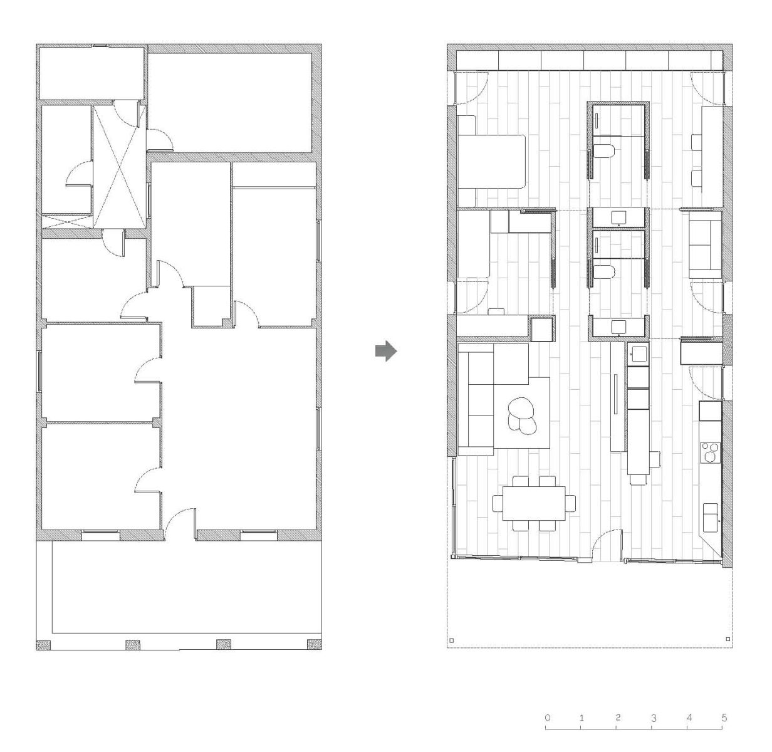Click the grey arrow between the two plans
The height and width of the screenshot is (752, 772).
pyautogui.click(x=385, y=352)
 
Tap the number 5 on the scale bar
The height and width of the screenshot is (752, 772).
pyautogui.click(x=724, y=718)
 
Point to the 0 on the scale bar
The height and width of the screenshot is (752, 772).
pyautogui.click(x=548, y=718)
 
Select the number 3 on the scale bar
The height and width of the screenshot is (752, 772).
pyautogui.click(x=654, y=718)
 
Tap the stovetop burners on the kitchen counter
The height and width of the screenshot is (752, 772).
pyautogui.click(x=711, y=451)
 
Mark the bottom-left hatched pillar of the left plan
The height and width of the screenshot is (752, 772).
pyautogui.click(x=43, y=644)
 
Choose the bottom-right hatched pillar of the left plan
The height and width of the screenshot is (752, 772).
pyautogui.click(x=313, y=644)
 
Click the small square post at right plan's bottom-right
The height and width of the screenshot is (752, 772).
pyautogui.click(x=727, y=639)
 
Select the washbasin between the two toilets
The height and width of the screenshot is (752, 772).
pyautogui.click(x=618, y=217)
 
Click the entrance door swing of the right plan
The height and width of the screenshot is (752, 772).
pyautogui.click(x=608, y=544)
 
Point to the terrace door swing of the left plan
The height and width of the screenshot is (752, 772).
pyautogui.click(x=179, y=520)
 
